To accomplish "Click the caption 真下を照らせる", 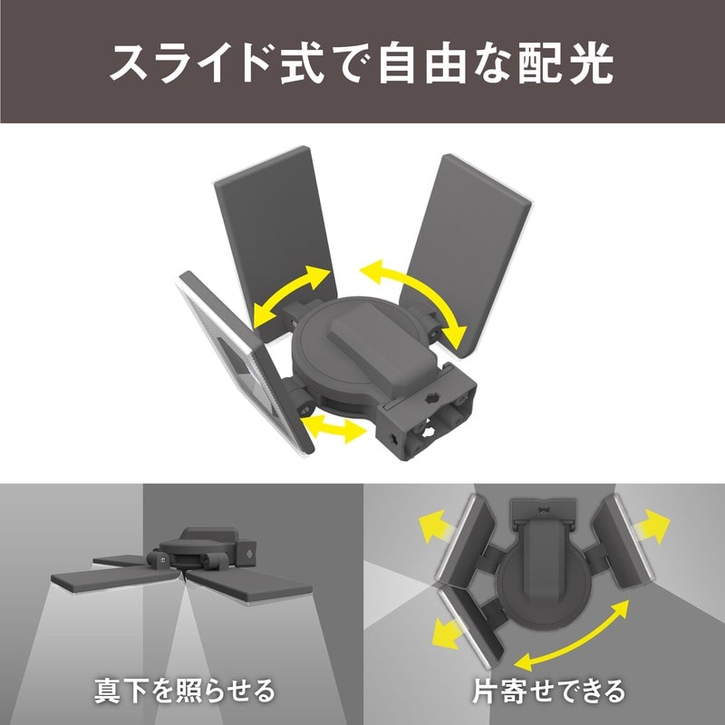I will coord(185,691).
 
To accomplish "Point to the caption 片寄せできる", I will coord(548,691).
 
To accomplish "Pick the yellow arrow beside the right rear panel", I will coord(417,299).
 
